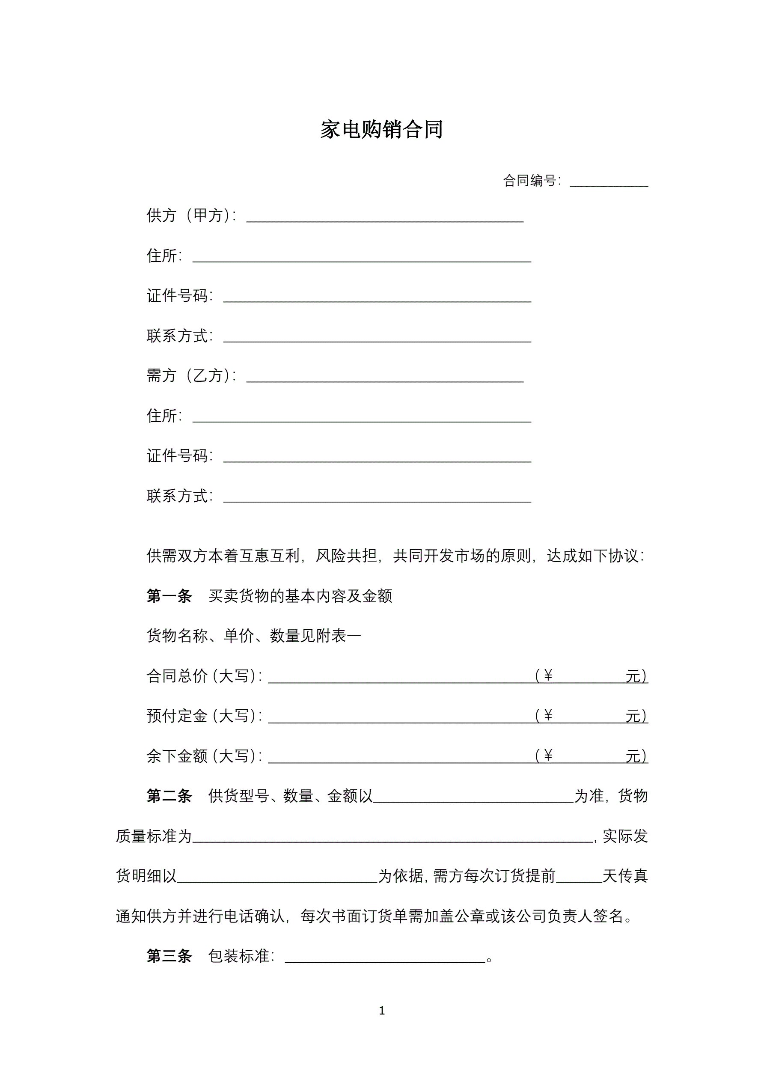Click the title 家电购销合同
(x=381, y=129)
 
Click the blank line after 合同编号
(x=609, y=182)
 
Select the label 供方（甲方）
(x=190, y=215)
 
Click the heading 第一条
(x=169, y=596)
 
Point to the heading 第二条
(x=169, y=796)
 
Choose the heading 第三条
(x=169, y=956)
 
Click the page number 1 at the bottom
(x=382, y=1010)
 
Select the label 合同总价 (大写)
(x=203, y=676)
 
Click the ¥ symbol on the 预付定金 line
(x=547, y=715)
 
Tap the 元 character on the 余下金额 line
(x=633, y=756)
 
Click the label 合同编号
(x=530, y=180)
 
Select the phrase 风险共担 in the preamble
(x=346, y=556)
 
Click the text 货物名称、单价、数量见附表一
(x=253, y=636)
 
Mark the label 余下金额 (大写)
(x=203, y=756)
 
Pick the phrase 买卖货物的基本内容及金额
(x=300, y=596)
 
